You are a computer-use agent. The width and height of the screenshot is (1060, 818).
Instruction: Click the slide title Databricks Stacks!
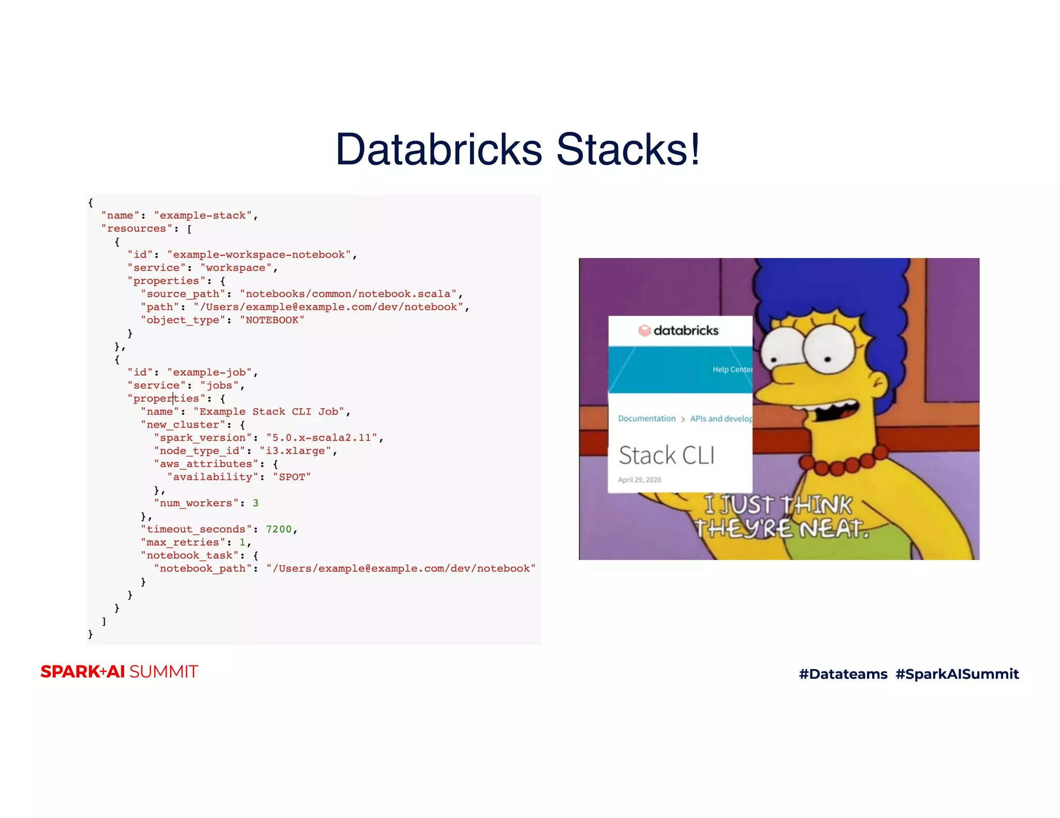pyautogui.click(x=518, y=149)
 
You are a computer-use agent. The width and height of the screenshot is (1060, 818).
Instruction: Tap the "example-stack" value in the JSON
pyautogui.click(x=202, y=216)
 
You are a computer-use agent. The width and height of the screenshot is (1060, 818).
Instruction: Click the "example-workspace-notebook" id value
pyautogui.click(x=259, y=255)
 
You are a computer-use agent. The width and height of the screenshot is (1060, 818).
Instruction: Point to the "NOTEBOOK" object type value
pyautogui.click(x=272, y=320)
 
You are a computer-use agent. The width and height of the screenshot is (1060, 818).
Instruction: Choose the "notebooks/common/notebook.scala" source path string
pyautogui.click(x=348, y=294)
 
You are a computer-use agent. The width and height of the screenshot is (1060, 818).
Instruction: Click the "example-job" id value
pyautogui.click(x=209, y=372)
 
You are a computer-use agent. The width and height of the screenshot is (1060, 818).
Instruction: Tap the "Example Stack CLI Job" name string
pyautogui.click(x=269, y=412)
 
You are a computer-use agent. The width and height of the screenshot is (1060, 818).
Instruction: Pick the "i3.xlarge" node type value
pyautogui.click(x=295, y=451)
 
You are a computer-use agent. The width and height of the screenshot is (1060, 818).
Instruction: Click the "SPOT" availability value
pyautogui.click(x=292, y=477)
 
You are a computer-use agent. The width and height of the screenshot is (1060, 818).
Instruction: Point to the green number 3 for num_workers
pyautogui.click(x=256, y=503)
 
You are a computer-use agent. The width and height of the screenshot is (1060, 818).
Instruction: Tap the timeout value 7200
pyautogui.click(x=279, y=529)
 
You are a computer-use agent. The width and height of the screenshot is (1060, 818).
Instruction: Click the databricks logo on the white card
pyautogui.click(x=679, y=330)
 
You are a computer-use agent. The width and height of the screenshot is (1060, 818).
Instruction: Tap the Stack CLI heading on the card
pyautogui.click(x=667, y=456)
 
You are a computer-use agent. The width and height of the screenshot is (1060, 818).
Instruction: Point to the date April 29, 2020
pyautogui.click(x=639, y=480)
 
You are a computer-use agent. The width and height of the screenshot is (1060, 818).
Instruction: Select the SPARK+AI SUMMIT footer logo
pyautogui.click(x=120, y=672)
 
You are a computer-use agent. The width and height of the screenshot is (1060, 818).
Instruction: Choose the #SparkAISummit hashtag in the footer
pyautogui.click(x=957, y=674)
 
